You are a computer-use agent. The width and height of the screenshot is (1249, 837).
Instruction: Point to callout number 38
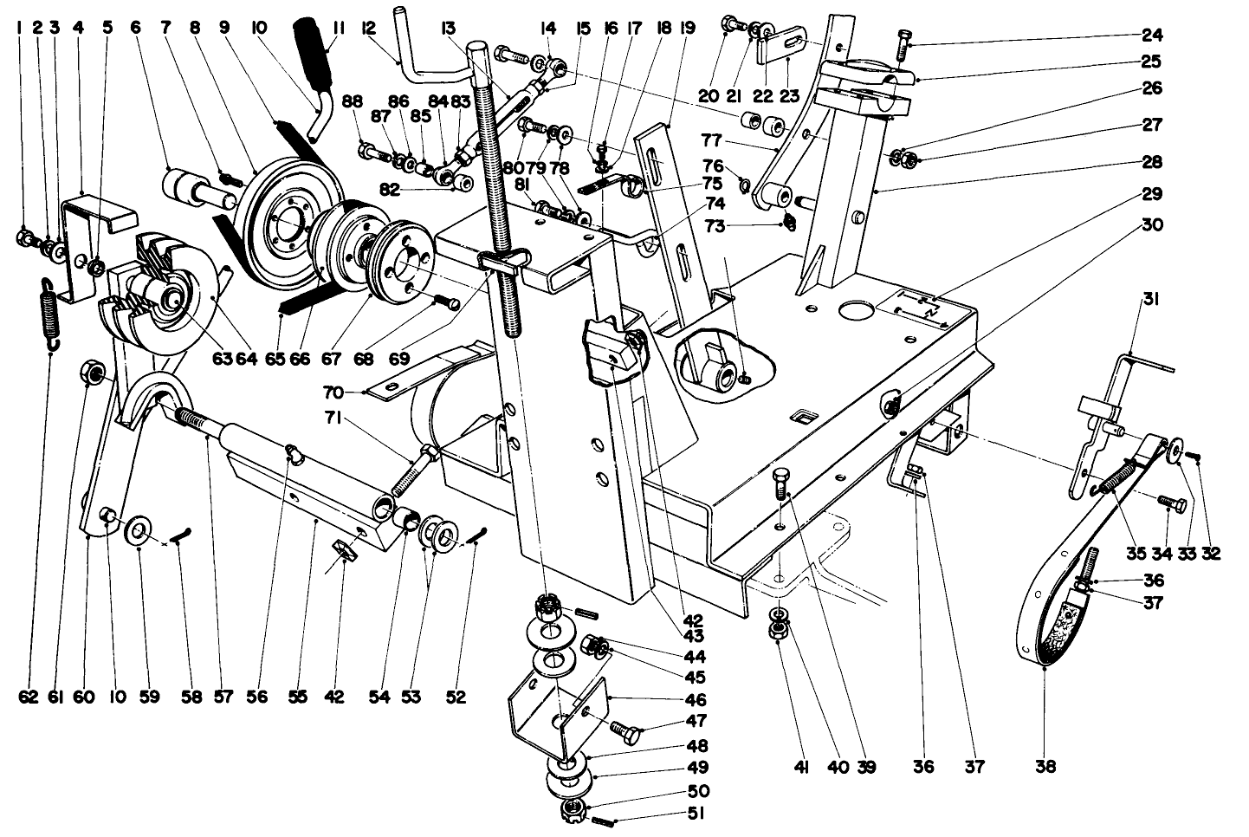click(1046, 766)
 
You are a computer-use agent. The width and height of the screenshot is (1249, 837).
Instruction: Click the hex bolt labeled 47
click(626, 730)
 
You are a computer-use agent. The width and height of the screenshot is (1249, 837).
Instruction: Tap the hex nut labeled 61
click(94, 373)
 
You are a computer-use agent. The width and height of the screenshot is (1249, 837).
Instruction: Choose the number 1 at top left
click(19, 28)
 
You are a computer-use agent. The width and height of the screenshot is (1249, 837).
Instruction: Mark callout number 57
click(208, 697)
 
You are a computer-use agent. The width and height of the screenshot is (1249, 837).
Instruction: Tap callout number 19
click(688, 28)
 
